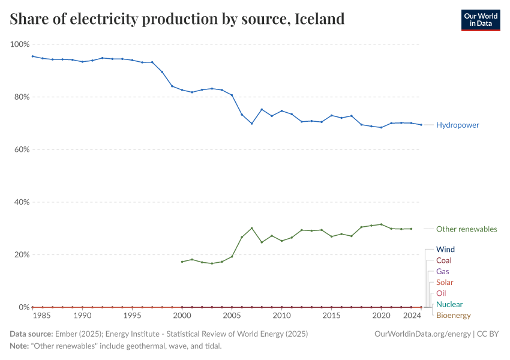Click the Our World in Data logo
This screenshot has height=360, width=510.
480,20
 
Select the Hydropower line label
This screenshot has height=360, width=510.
457,125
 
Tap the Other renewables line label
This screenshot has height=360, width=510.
466,229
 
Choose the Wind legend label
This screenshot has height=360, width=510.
445,249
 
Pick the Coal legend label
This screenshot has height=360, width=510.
443,260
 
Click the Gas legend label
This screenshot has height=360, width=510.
442,271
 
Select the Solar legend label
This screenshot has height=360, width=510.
445,282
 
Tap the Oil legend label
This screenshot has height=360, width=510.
441,293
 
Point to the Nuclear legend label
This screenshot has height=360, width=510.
449,304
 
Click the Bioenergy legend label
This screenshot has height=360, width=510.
453,315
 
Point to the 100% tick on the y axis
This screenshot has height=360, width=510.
20,44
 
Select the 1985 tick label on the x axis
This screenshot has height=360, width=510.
43,315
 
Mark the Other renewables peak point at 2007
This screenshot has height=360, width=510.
251,228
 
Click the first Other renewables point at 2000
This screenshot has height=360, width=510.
182,262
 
